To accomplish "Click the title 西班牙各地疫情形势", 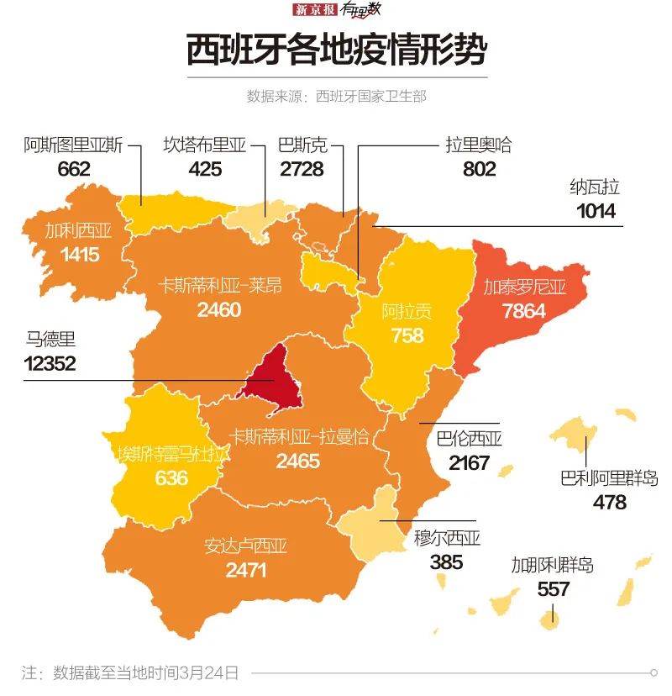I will click(336, 50).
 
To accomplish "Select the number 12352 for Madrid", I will click(50, 363).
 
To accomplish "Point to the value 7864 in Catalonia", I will click(523, 310).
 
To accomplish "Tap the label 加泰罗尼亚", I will click(524, 287).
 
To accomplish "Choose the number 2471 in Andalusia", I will click(246, 570).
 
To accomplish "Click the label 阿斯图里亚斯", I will click(73, 145).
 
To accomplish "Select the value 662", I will click(74, 169).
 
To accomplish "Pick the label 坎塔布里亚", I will click(205, 145).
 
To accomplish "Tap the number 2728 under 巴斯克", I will click(302, 169).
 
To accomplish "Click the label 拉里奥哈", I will click(478, 145).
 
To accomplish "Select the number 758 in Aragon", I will click(407, 335).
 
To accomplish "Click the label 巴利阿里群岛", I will click(609, 479).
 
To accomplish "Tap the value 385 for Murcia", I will click(447, 562).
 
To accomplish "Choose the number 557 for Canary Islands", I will click(553, 589).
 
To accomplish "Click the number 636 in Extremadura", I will click(171, 478).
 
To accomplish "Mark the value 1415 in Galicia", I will click(79, 254).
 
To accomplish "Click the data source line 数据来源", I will click(336, 96).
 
